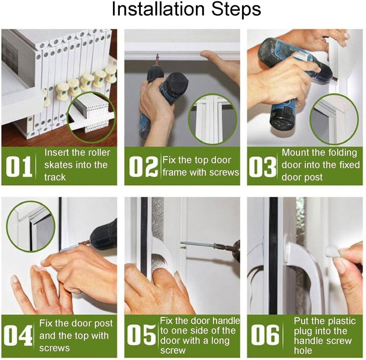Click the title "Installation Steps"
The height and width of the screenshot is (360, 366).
pyautogui.click(x=186, y=10)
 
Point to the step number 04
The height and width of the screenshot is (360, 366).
pyautogui.click(x=18, y=335)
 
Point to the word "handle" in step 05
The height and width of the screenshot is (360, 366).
pyautogui.click(x=226, y=321)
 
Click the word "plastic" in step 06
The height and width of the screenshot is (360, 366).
pyautogui.click(x=341, y=321)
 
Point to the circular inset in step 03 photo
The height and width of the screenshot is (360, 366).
pyautogui.click(x=334, y=119)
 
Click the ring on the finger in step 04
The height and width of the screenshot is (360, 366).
pyautogui.click(x=79, y=291)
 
